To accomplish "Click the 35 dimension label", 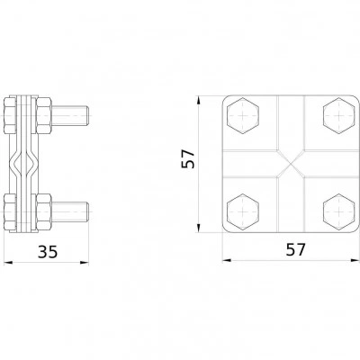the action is [48, 251].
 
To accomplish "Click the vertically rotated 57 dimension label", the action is [188, 159].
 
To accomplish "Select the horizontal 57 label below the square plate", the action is [295, 249].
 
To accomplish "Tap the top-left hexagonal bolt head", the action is [243, 115].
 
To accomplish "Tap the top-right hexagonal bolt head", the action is [339, 115].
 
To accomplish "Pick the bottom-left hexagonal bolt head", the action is [243, 212].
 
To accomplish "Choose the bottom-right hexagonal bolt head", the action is [339, 212].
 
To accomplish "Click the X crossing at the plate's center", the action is [291, 164].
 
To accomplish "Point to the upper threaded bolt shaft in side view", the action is [69, 115].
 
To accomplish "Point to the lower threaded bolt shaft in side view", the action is [69, 212].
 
